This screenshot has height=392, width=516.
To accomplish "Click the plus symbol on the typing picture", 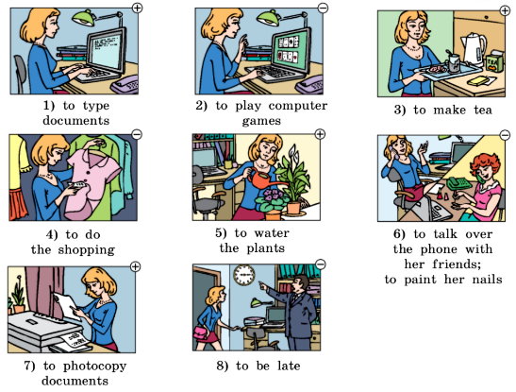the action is tap(137, 8).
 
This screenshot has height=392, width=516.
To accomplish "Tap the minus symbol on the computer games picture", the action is tap(324, 8).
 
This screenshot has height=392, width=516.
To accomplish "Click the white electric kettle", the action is tap(474, 49).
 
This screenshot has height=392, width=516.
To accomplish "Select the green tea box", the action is tap(495, 61).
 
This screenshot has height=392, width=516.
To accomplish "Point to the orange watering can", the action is tap(261, 179).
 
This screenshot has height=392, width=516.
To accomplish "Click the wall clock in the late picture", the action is tap(244, 275).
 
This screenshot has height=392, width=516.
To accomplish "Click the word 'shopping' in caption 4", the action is tap(86, 249).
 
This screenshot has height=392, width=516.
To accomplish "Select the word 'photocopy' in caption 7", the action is tap(94, 366).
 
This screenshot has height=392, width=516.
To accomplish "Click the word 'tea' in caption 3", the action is tap(483, 110).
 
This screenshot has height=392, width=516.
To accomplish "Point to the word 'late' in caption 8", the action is tap(289, 366).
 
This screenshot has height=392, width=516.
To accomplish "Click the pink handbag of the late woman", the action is tap(201, 332).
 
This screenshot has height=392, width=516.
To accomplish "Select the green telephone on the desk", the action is tap(459, 183).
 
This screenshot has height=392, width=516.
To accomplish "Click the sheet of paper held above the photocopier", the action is tap(68, 306).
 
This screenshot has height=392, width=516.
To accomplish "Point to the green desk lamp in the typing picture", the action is tap(85, 18).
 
